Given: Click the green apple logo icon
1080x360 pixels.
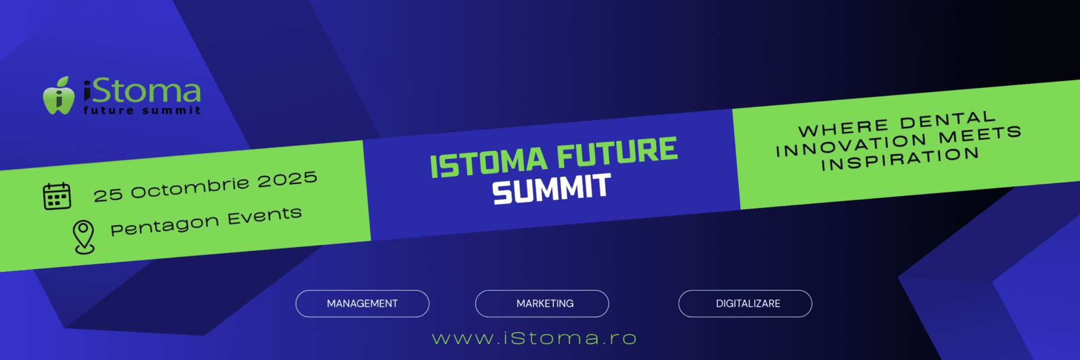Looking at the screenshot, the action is tap(58, 96).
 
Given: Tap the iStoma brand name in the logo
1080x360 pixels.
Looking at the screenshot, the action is tap(142, 91).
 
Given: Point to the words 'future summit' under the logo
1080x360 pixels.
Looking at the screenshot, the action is tap(142, 110).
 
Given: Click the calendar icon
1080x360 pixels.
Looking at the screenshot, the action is tap(57, 196).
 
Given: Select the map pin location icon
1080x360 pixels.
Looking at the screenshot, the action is tap(84, 237).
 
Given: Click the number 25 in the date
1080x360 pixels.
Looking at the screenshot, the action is tap(108, 195).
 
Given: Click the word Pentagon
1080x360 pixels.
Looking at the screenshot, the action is tap(164, 226).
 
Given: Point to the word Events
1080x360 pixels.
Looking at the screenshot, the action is tap(264, 215).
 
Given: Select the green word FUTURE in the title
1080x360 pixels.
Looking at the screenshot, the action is tap(617, 152).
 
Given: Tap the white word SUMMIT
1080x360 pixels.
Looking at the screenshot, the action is tap(551, 189).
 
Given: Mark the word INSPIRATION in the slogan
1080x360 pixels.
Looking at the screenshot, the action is tap(900, 159).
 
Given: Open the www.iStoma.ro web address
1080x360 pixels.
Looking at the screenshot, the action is tap(534, 338).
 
